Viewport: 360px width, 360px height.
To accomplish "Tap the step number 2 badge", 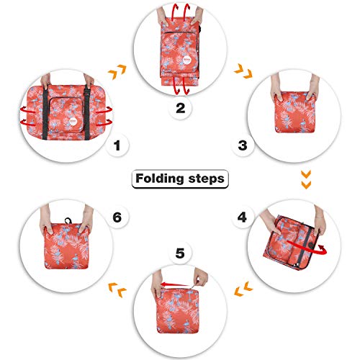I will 180,109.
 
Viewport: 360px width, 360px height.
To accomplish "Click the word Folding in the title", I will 158,178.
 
